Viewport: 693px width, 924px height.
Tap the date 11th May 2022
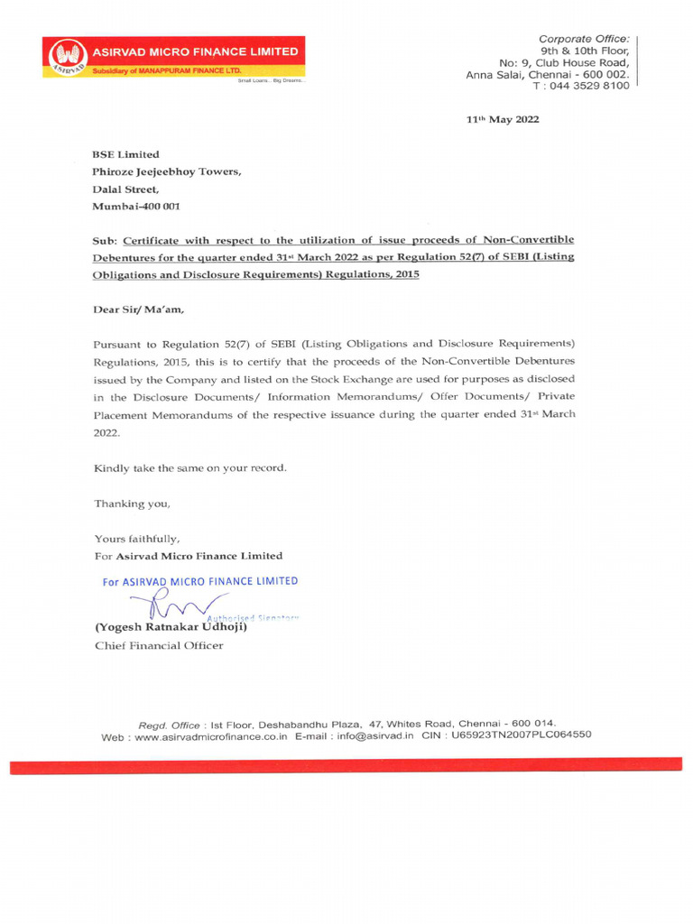pyautogui.click(x=502, y=120)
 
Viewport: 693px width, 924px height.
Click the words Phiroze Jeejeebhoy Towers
pyautogui.click(x=166, y=172)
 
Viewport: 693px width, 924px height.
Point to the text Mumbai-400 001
pyautogui.click(x=136, y=207)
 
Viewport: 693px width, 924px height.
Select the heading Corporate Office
pyautogui.click(x=584, y=39)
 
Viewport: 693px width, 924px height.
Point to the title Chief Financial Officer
pyautogui.click(x=159, y=645)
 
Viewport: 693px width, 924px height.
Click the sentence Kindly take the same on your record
pyautogui.click(x=190, y=467)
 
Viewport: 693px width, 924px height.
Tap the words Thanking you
pyautogui.click(x=132, y=503)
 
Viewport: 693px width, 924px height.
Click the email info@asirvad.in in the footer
pyautogui.click(x=375, y=735)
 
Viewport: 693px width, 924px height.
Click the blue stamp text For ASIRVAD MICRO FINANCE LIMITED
pyautogui.click(x=199, y=582)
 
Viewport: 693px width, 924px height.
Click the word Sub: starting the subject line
pyautogui.click(x=106, y=241)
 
